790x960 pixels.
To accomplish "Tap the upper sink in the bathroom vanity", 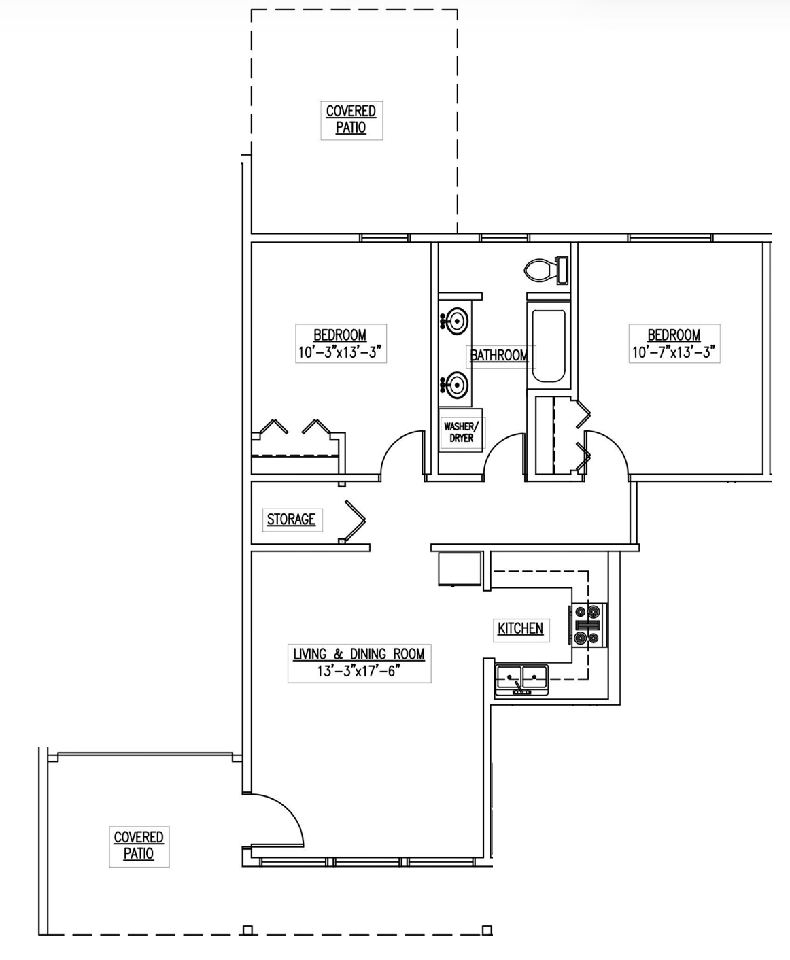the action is (x=454, y=321).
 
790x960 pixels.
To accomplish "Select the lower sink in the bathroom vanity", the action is (x=454, y=385).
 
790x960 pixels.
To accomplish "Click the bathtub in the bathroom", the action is (x=549, y=346).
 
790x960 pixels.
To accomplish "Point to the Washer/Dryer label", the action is (x=462, y=432).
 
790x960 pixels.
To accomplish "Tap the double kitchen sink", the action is (x=522, y=679).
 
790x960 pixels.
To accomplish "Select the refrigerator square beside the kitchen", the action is (x=460, y=569).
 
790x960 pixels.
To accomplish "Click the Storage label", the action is (x=291, y=519).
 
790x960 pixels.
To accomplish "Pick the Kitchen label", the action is (x=521, y=629).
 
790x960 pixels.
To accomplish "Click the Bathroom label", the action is (x=499, y=355).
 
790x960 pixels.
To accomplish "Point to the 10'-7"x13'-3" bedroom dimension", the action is (x=674, y=352).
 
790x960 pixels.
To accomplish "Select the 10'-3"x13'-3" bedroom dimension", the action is (x=340, y=352).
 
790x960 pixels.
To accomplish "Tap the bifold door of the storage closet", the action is (x=354, y=521).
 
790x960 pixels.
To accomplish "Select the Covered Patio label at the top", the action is (x=351, y=119).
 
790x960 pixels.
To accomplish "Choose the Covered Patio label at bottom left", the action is (x=139, y=845).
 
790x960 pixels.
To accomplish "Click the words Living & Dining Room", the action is (x=359, y=654).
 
